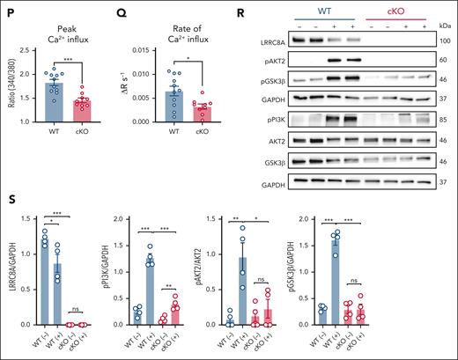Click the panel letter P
(8, 9)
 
